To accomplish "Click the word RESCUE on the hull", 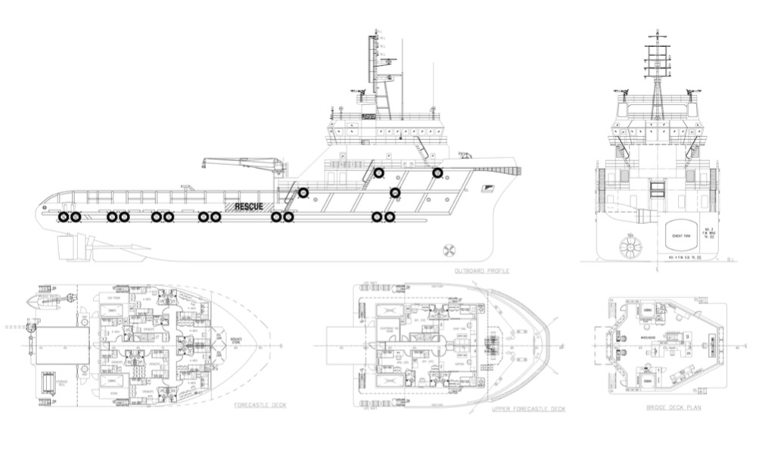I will [x=249, y=206].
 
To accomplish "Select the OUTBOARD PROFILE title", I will [x=482, y=270].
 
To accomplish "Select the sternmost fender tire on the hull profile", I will [x=64, y=217].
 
